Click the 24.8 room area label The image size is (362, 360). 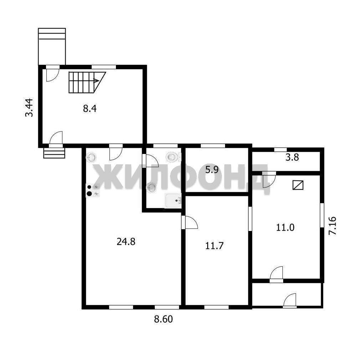click(126, 242)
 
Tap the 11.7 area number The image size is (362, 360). click(214, 246)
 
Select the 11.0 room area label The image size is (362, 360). click(285, 227)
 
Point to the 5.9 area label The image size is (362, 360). click(212, 170)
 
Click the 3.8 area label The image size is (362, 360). click(292, 158)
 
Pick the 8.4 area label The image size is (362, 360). click(90, 108)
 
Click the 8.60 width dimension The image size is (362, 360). click(163, 319)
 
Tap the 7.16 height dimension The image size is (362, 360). click(333, 226)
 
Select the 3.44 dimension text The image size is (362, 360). click(29, 108)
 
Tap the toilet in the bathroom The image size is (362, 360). click(173, 157)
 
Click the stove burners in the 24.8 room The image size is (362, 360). click(93, 190)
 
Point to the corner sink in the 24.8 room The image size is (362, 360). click(91, 158)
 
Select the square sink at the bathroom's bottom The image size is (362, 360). click(173, 201)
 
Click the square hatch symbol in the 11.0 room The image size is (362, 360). click(298, 185)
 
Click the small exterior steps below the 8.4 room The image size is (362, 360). click(54, 153)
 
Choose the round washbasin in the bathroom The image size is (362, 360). click(152, 187)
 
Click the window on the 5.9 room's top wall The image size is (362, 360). click(213, 146)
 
